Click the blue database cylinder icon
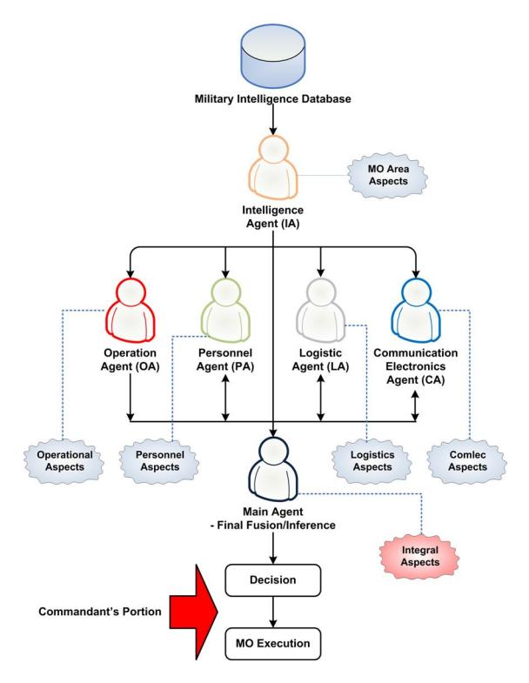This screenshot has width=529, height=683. pyautogui.click(x=273, y=56)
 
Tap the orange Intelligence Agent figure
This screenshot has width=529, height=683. pyautogui.click(x=273, y=168)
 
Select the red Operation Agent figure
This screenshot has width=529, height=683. pyautogui.click(x=131, y=310)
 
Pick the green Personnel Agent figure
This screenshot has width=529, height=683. pyautogui.click(x=225, y=310)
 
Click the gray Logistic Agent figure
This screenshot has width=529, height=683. pyautogui.click(x=320, y=310)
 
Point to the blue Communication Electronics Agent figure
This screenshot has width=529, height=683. pyautogui.click(x=416, y=310)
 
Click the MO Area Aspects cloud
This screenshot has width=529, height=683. pyautogui.click(x=388, y=175)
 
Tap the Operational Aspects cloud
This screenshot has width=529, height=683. pyautogui.click(x=64, y=461)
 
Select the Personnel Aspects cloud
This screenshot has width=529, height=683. pyautogui.click(x=159, y=461)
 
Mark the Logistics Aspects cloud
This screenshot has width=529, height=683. pyautogui.click(x=372, y=461)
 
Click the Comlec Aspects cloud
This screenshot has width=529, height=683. pyautogui.click(x=467, y=461)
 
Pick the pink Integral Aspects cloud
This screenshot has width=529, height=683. pyautogui.click(x=419, y=556)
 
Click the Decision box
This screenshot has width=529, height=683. pyautogui.click(x=273, y=580)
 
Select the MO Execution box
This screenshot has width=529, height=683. pyautogui.click(x=273, y=643)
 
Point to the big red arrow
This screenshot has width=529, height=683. pyautogui.click(x=194, y=612)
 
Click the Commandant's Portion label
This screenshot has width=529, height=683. pyautogui.click(x=100, y=612)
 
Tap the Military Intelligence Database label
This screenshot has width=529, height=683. pyautogui.click(x=273, y=99)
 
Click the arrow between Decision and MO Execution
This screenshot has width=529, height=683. pyautogui.click(x=273, y=612)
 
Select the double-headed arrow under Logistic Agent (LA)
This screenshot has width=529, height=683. pyautogui.click(x=321, y=398)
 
